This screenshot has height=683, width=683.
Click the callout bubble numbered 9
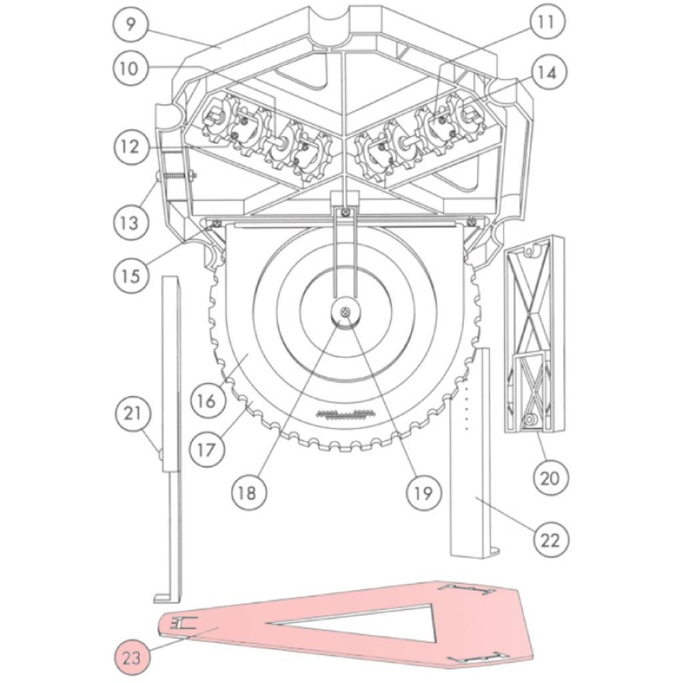tap(131, 25)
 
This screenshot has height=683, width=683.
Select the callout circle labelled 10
tap(130, 69)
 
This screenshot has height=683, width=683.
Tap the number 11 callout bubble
tap(547, 21)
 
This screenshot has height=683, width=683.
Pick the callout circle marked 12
tap(131, 147)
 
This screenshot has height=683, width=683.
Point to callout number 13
tap(130, 223)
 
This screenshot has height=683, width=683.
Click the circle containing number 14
tap(548, 72)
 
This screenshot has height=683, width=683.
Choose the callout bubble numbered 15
tap(131, 275)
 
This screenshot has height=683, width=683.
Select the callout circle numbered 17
tap(207, 449)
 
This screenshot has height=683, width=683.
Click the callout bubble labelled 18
tap(249, 493)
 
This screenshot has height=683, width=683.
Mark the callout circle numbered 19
tap(424, 493)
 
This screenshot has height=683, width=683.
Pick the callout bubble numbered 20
tap(550, 478)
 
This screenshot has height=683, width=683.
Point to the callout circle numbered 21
tap(133, 413)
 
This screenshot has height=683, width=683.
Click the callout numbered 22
tap(550, 540)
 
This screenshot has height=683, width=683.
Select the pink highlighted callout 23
tap(131, 658)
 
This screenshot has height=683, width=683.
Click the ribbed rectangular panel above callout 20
tap(534, 333)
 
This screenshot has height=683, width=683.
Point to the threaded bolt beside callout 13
tap(176, 176)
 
